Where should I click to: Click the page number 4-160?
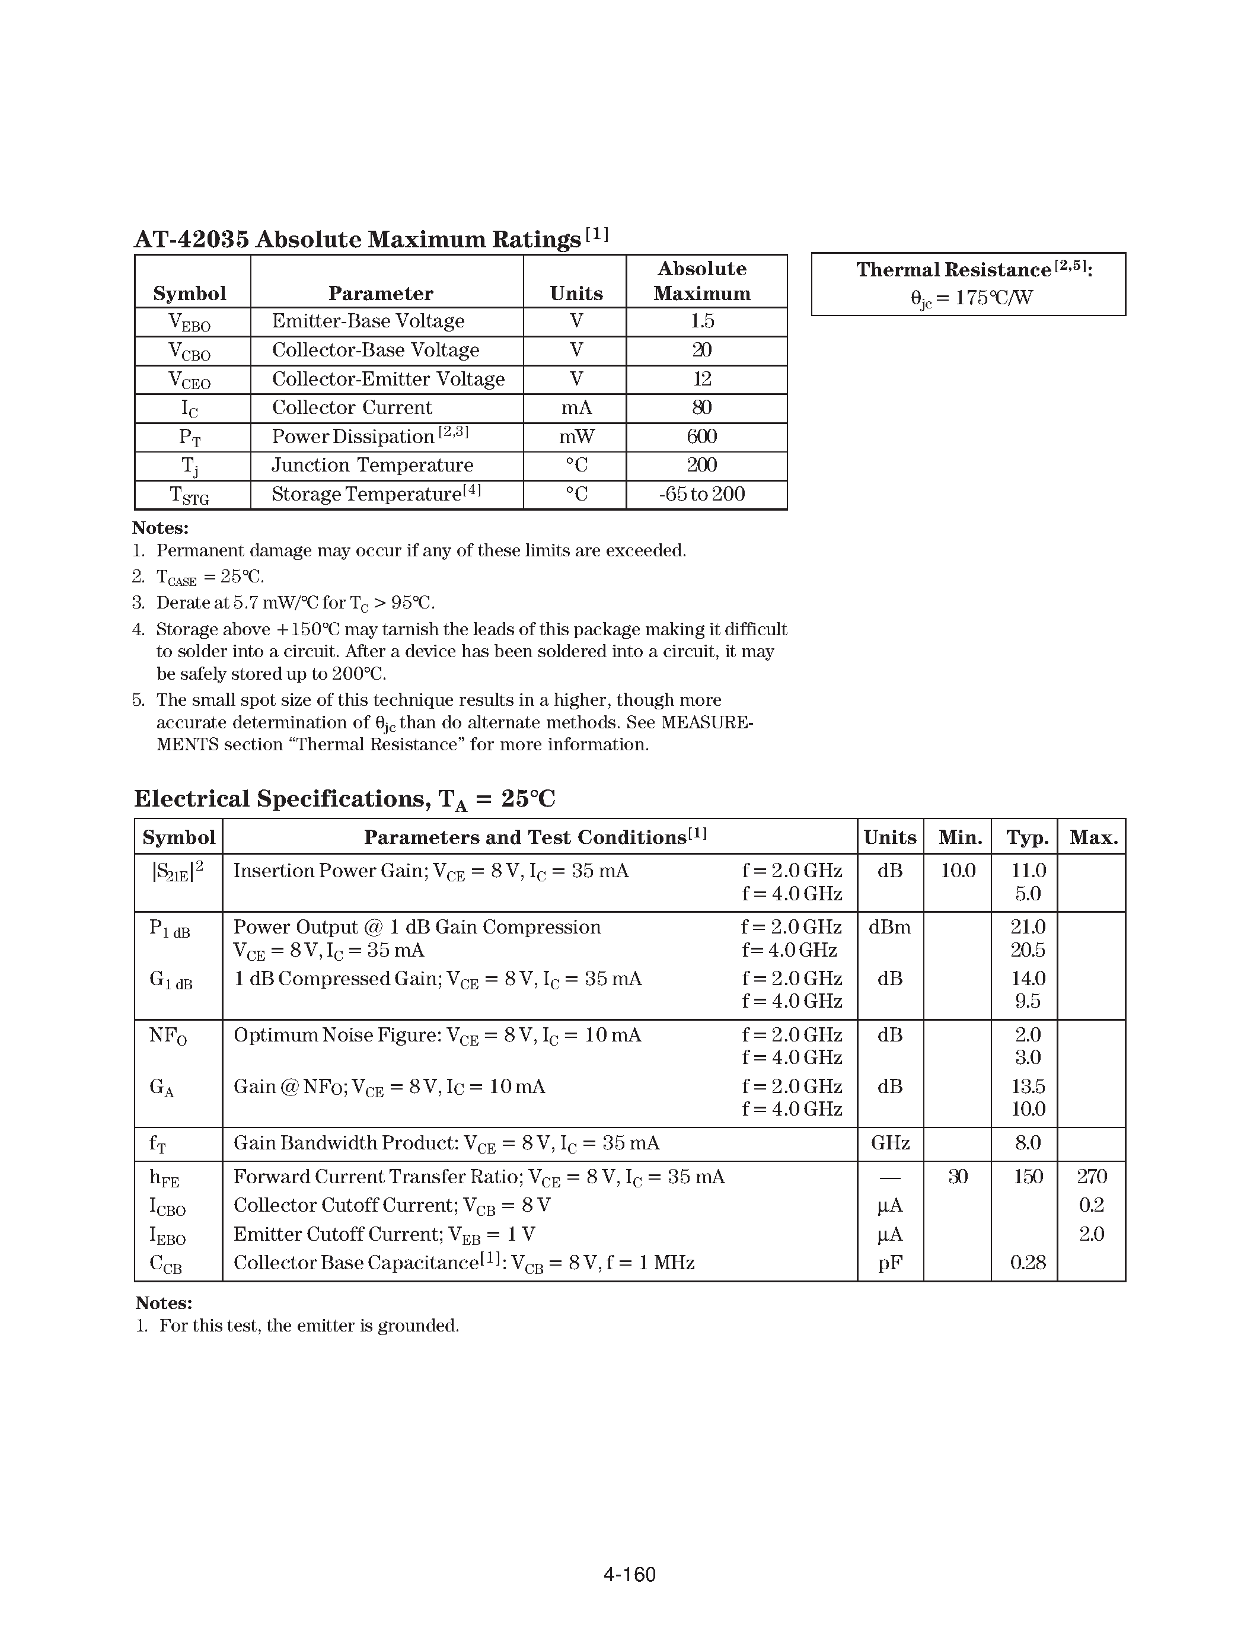[x=629, y=1574]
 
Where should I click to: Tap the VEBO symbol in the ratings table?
[x=190, y=322]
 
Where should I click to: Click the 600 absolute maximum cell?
[x=701, y=436]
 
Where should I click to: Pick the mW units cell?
[x=576, y=436]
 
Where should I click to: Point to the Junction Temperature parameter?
[x=372, y=465]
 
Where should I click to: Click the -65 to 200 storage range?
[x=701, y=493]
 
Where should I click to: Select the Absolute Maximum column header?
[x=701, y=281]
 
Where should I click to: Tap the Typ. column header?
[x=1027, y=837]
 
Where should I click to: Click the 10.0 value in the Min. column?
[x=957, y=871]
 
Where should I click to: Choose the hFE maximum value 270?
[x=1091, y=1177]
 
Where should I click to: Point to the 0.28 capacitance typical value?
[x=1027, y=1263]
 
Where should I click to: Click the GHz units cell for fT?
[x=890, y=1143]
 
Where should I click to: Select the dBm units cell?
[x=890, y=928]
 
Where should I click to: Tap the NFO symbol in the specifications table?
[x=168, y=1036]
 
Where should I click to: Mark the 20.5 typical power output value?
[x=1027, y=950]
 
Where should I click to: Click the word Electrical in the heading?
[x=191, y=798]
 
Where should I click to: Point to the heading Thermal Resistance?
[x=953, y=270]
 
